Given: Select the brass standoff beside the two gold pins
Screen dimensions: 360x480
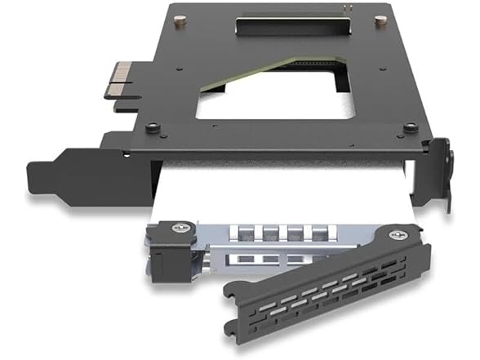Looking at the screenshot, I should (x=380, y=22).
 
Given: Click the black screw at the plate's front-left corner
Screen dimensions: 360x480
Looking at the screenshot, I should (x=153, y=127).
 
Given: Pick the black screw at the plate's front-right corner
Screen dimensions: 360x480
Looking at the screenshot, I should (x=411, y=127).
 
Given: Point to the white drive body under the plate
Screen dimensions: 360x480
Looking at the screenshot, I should (x=286, y=188).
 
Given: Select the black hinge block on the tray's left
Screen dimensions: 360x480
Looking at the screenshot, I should (x=169, y=249).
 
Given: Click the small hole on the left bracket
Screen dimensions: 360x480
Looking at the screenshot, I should (x=124, y=153).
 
